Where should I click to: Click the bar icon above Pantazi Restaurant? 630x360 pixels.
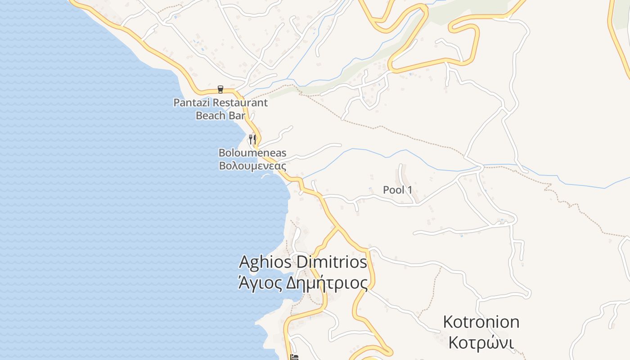click(x=220, y=89)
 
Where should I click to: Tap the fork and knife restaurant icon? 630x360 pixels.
click(x=252, y=139)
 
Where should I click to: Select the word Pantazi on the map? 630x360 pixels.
click(x=192, y=103)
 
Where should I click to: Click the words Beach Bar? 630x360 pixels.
click(x=220, y=115)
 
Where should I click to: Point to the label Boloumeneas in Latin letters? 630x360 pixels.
click(x=252, y=153)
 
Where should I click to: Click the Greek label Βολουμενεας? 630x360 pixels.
click(x=252, y=166)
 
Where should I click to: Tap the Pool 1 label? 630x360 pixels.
click(x=397, y=190)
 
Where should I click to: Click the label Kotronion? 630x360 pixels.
click(x=481, y=322)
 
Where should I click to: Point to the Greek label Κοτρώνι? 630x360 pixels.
click(x=481, y=342)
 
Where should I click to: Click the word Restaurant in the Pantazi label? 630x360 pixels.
click(x=240, y=103)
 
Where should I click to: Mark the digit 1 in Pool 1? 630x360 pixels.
click(x=409, y=190)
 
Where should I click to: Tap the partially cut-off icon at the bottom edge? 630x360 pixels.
click(x=295, y=357)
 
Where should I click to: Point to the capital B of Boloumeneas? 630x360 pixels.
click(x=222, y=153)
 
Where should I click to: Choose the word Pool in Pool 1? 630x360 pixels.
click(x=394, y=190)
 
